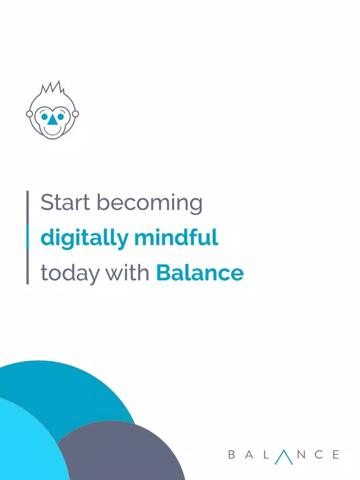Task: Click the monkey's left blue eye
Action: tap(45, 117)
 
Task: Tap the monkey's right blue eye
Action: tap(60, 117)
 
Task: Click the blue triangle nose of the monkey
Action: tap(52, 120)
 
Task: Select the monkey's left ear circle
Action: tap(29, 114)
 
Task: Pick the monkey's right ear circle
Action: tap(75, 114)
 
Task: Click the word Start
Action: tap(65, 203)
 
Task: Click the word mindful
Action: tap(176, 237)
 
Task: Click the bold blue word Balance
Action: tap(200, 272)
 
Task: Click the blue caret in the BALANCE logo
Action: tap(284, 457)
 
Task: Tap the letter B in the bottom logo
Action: tap(232, 455)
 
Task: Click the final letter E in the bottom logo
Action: tap(336, 455)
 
